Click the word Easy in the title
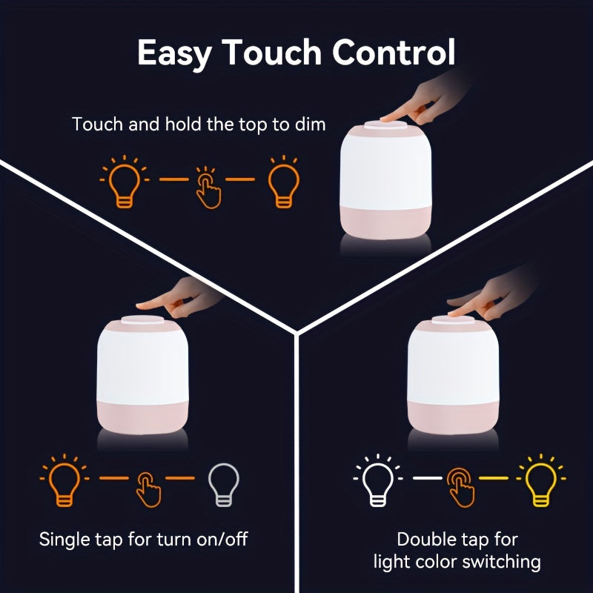click(175, 54)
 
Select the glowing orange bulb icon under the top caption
click(123, 181)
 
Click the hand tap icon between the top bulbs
click(208, 188)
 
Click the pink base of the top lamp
click(385, 222)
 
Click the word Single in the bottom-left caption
click(64, 539)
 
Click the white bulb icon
click(377, 481)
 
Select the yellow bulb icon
click(539, 481)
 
